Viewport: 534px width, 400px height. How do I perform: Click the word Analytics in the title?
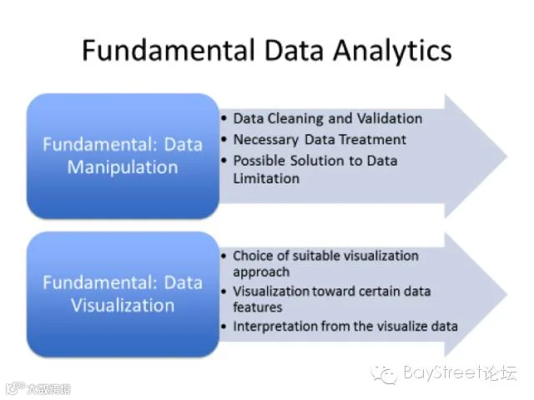coord(392,50)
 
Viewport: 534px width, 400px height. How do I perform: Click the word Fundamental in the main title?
coord(169,50)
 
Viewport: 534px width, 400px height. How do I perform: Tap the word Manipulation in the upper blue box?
coord(123,167)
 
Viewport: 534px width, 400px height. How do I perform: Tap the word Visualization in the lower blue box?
coord(123,305)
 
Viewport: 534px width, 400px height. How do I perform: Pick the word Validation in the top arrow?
coord(390,118)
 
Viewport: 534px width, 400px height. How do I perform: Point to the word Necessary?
coord(265,140)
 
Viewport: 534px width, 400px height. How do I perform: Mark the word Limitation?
coord(266,178)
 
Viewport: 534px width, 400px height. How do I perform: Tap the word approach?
coord(261,272)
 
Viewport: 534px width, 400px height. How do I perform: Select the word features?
coord(258,307)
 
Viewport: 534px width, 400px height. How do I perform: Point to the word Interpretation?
coord(275,327)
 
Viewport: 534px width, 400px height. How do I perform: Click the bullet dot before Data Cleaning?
coord(224,118)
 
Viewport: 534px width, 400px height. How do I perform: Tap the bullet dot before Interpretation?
coord(224,327)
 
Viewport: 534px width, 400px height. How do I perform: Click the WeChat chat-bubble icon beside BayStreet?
coord(384,374)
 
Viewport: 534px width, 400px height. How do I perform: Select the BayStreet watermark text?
coord(460,372)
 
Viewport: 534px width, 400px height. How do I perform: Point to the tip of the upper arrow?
coord(507,157)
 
